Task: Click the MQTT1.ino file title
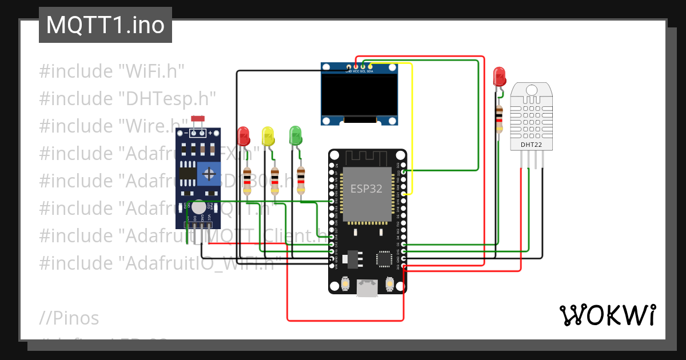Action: [x=105, y=25]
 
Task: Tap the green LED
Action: [x=296, y=136]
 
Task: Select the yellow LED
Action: [x=268, y=136]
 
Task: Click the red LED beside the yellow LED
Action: [x=244, y=136]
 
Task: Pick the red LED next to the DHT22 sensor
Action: [x=499, y=76]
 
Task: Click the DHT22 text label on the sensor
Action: [x=531, y=145]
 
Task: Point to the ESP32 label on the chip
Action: [x=366, y=189]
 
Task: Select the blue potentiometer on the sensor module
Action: [x=210, y=173]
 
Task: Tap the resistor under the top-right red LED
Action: [x=499, y=119]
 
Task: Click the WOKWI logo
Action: [x=607, y=315]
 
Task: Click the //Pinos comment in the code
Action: [x=69, y=318]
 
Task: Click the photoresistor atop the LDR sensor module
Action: [x=198, y=119]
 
